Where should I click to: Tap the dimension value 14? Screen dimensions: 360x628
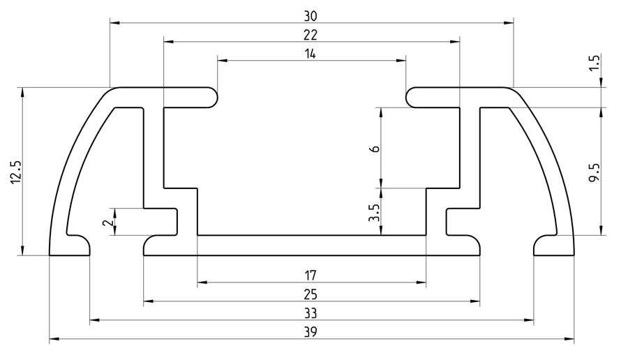(x=311, y=53)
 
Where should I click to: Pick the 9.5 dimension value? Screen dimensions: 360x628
(x=595, y=172)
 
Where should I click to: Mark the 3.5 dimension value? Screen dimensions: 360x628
(x=375, y=211)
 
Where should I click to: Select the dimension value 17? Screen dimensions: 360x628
(x=311, y=274)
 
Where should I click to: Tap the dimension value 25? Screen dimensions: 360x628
(x=311, y=293)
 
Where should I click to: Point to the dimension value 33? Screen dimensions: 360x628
(x=311, y=312)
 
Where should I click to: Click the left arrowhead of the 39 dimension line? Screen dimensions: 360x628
(x=53, y=340)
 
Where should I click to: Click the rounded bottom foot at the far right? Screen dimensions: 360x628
(x=553, y=245)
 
